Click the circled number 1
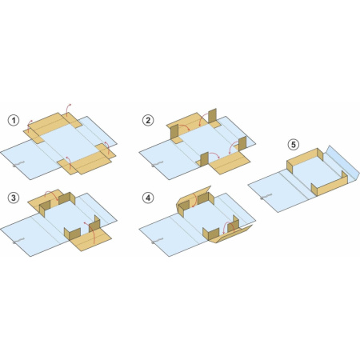point(14,120)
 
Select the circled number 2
point(148,120)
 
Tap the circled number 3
point(14,198)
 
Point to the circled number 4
point(148,198)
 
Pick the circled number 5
point(294,145)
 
